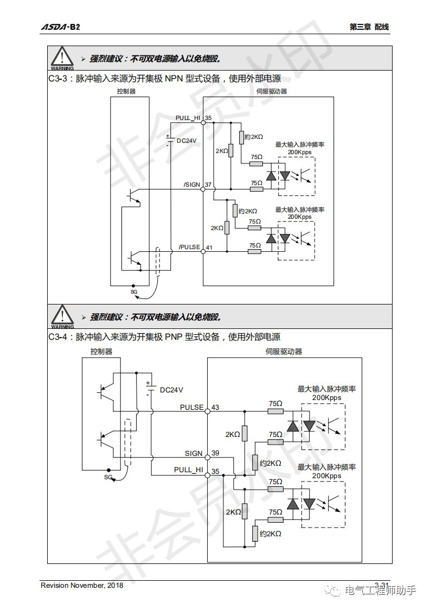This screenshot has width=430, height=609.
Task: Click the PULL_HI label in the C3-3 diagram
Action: [188, 118]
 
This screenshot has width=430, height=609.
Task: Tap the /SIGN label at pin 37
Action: [192, 185]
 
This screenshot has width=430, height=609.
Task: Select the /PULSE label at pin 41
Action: [190, 248]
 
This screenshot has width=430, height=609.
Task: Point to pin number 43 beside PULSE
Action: [215, 407]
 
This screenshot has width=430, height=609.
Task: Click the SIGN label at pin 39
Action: [194, 453]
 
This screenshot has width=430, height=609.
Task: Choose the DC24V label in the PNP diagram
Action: [171, 390]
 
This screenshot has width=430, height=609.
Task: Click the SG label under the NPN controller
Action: [134, 291]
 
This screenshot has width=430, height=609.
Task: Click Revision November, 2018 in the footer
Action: [82, 585]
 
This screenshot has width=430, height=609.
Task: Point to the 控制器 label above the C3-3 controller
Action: [126, 91]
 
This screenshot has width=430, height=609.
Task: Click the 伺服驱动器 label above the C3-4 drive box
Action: [284, 351]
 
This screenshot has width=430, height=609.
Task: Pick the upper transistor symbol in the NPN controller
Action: [133, 196]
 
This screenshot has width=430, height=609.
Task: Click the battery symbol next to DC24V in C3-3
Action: [170, 141]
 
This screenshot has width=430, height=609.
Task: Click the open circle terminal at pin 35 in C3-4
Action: [207, 475]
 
